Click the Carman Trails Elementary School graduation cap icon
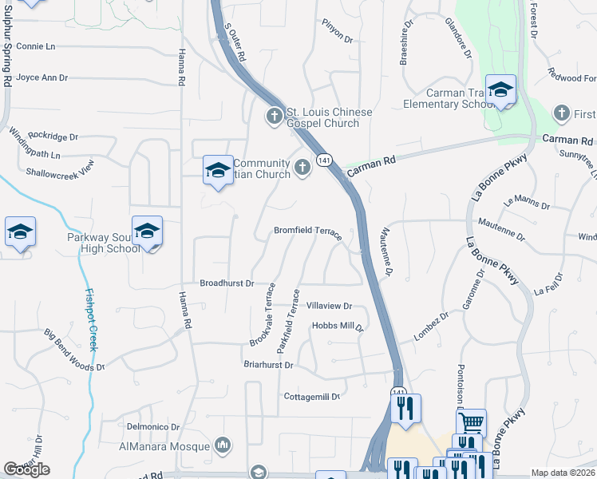click(500, 90)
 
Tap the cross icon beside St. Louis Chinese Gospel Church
click(274, 117)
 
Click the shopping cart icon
click(471, 422)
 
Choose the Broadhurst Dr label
click(227, 283)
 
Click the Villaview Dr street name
click(330, 306)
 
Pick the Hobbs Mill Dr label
click(338, 326)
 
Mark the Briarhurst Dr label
click(269, 365)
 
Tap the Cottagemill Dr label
click(312, 396)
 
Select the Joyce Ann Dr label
click(42, 78)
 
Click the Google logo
click(26, 469)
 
